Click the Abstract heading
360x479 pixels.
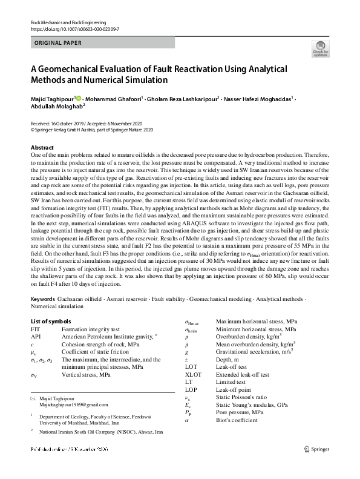(42, 148)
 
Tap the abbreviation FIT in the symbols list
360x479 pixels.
(35, 328)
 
